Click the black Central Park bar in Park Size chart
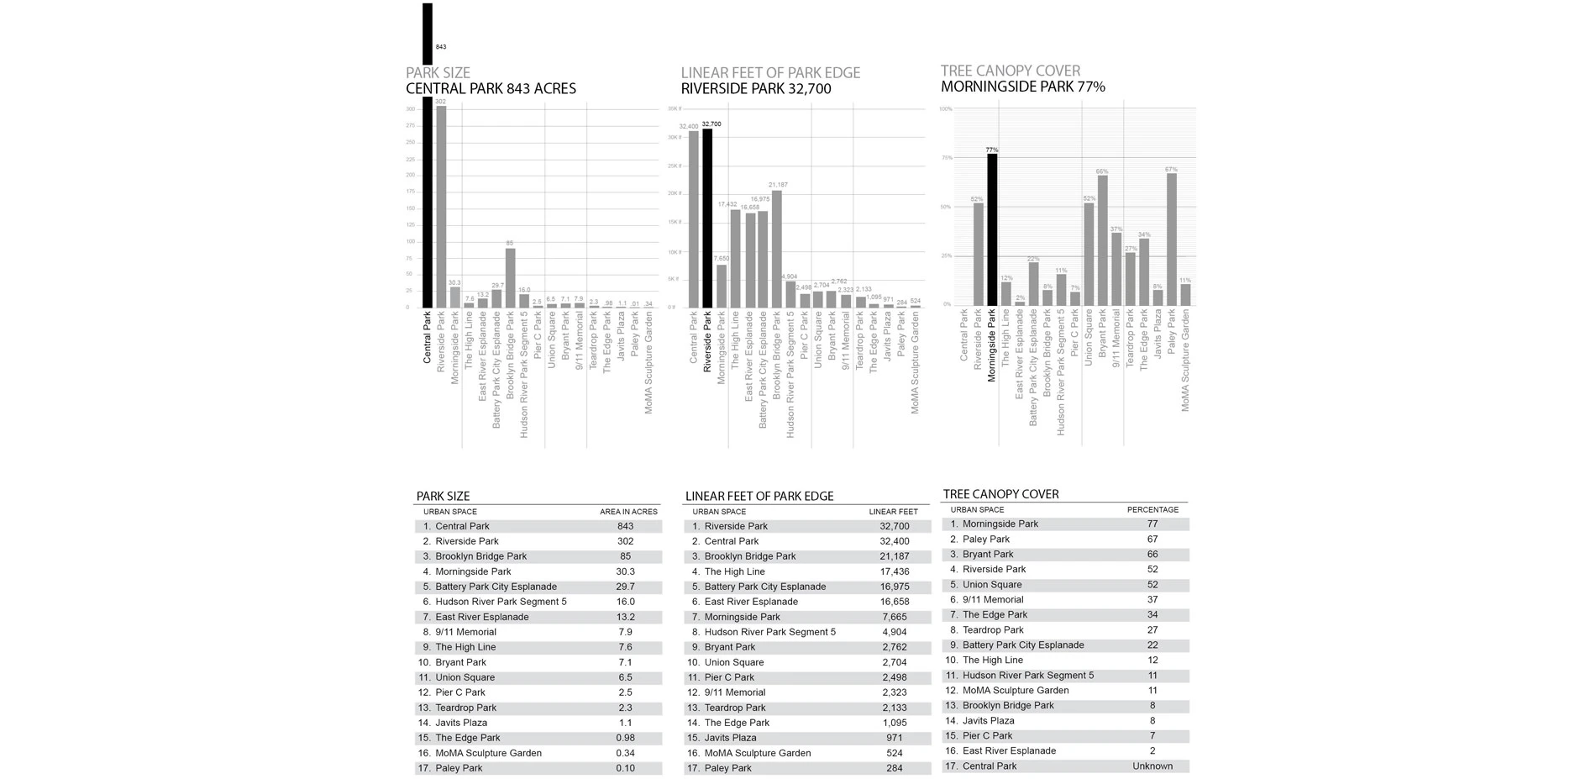pyautogui.click(x=427, y=202)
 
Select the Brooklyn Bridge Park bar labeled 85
pyautogui.click(x=510, y=277)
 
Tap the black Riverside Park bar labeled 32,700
pyautogui.click(x=707, y=218)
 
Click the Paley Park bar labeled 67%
pyautogui.click(x=1171, y=239)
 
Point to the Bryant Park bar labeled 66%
pyautogui.click(x=1102, y=240)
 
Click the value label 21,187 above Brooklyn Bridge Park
pyautogui.click(x=777, y=185)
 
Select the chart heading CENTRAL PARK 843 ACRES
pyautogui.click(x=491, y=89)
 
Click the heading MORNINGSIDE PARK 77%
pyautogui.click(x=1022, y=87)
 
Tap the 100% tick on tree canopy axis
pyautogui.click(x=945, y=109)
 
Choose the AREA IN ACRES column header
pyautogui.click(x=628, y=512)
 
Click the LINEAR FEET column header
pyautogui.click(x=893, y=512)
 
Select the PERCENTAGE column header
pyautogui.click(x=1152, y=510)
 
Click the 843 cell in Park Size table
pyautogui.click(x=625, y=527)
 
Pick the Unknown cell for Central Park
pyautogui.click(x=1152, y=766)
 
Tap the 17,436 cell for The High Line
pyautogui.click(x=894, y=572)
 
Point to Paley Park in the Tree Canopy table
pyautogui.click(x=985, y=540)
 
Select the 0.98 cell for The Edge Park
pyautogui.click(x=625, y=739)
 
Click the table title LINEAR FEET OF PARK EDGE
pyautogui.click(x=759, y=497)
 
